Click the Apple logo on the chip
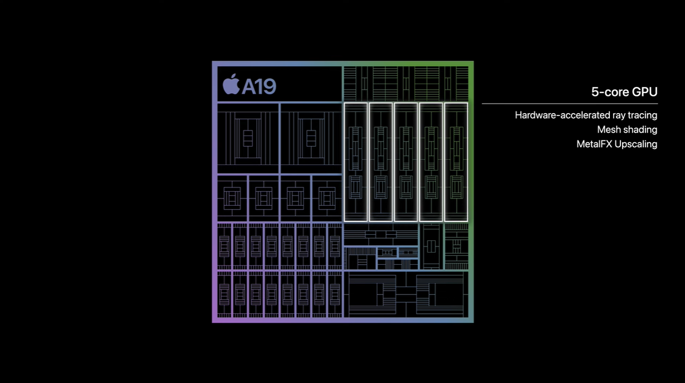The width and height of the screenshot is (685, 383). click(x=231, y=85)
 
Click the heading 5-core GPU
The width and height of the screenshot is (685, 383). click(x=624, y=92)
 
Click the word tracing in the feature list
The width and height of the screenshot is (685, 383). click(x=642, y=115)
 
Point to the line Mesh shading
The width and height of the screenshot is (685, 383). click(x=627, y=130)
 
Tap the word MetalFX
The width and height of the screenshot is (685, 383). click(x=594, y=144)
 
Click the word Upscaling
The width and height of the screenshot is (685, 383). click(x=636, y=144)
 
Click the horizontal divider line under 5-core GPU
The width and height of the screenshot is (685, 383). click(x=569, y=104)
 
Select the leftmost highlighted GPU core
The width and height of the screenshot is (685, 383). click(x=355, y=162)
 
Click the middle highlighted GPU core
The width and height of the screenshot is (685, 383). click(x=405, y=162)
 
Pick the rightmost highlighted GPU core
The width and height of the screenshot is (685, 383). click(x=456, y=162)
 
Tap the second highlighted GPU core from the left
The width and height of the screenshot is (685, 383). click(x=380, y=162)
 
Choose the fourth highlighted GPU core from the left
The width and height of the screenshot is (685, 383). click(x=430, y=162)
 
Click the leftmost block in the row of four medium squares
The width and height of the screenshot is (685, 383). click(x=232, y=198)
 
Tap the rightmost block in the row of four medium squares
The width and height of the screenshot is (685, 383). click(x=326, y=198)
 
